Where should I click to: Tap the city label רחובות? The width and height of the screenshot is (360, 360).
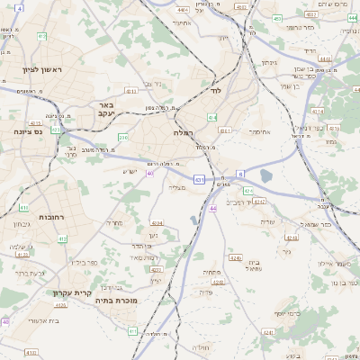point(37,192)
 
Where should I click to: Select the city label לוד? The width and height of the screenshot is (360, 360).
point(214,92)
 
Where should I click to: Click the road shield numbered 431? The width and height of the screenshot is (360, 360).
point(198,180)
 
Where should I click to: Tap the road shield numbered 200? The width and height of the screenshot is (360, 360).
point(123,137)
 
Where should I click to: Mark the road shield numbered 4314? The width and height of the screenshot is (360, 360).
point(318,112)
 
